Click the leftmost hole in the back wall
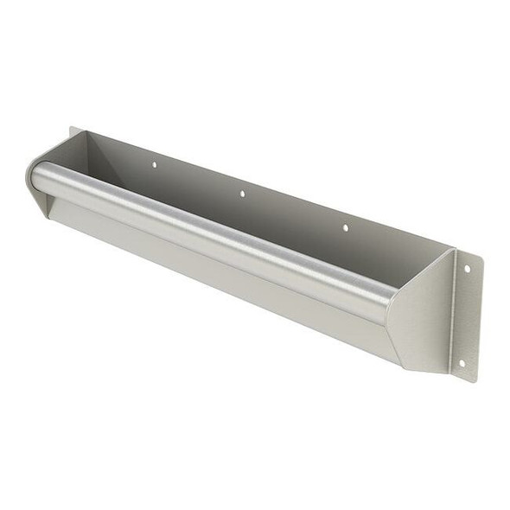(x=155, y=163)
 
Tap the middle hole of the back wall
(x=242, y=194)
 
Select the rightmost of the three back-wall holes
(x=345, y=227)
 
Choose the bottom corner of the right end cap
(x=405, y=365)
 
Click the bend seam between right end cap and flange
(x=452, y=311)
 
